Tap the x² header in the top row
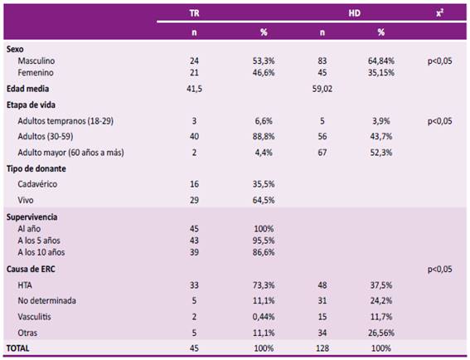439,14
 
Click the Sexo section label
15,49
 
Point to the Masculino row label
36,60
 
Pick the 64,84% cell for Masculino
381,60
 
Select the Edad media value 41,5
197,87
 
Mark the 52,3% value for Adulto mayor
380,152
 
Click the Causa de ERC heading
30,270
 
